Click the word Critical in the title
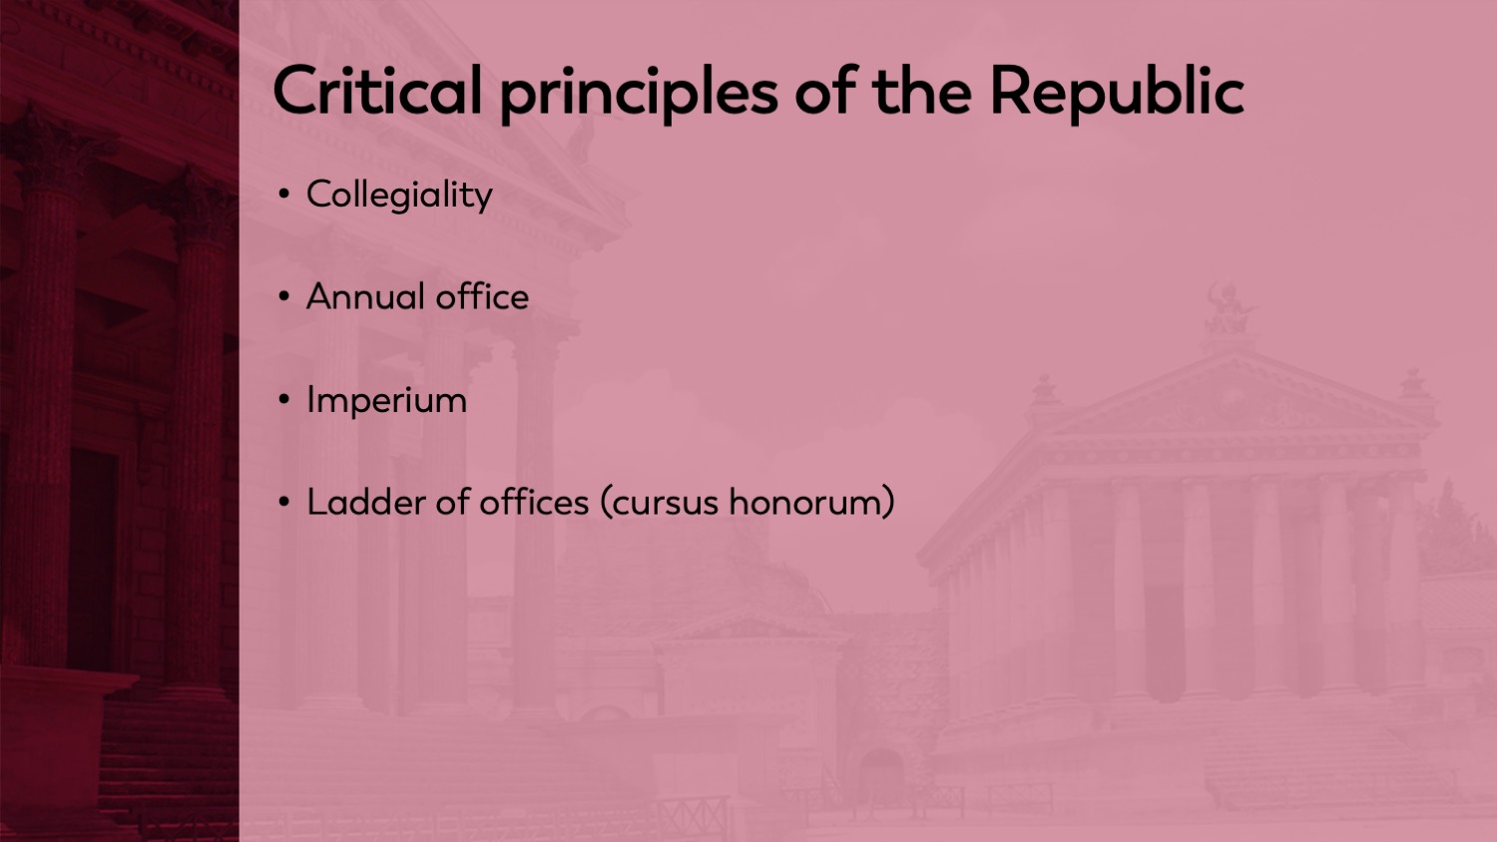point(377,91)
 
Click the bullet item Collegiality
point(399,195)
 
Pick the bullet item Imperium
point(386,400)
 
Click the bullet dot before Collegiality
point(284,195)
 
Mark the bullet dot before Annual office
point(284,296)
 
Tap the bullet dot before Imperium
point(284,399)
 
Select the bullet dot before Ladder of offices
point(284,502)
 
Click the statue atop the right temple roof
point(1230,309)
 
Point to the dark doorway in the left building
point(92,559)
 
